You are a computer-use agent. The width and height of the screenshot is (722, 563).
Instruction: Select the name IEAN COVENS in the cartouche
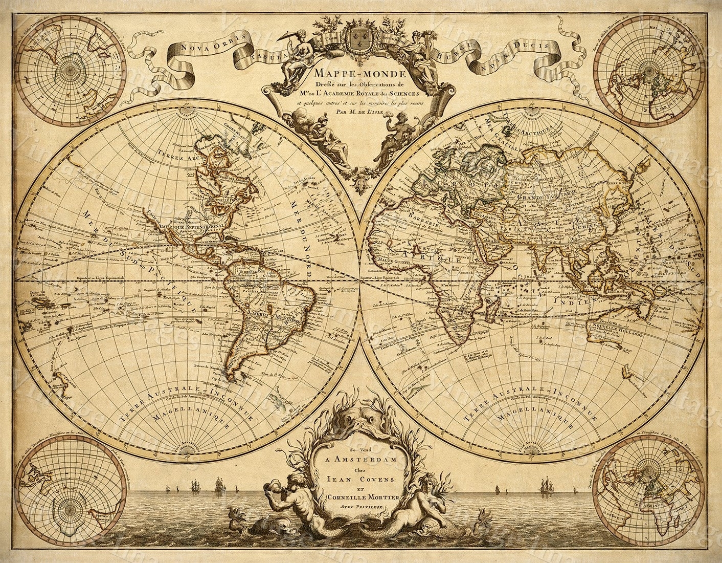(361, 479)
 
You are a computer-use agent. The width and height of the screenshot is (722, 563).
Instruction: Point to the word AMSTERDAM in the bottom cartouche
(361, 459)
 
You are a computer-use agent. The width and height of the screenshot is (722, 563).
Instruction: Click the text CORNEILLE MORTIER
(361, 497)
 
